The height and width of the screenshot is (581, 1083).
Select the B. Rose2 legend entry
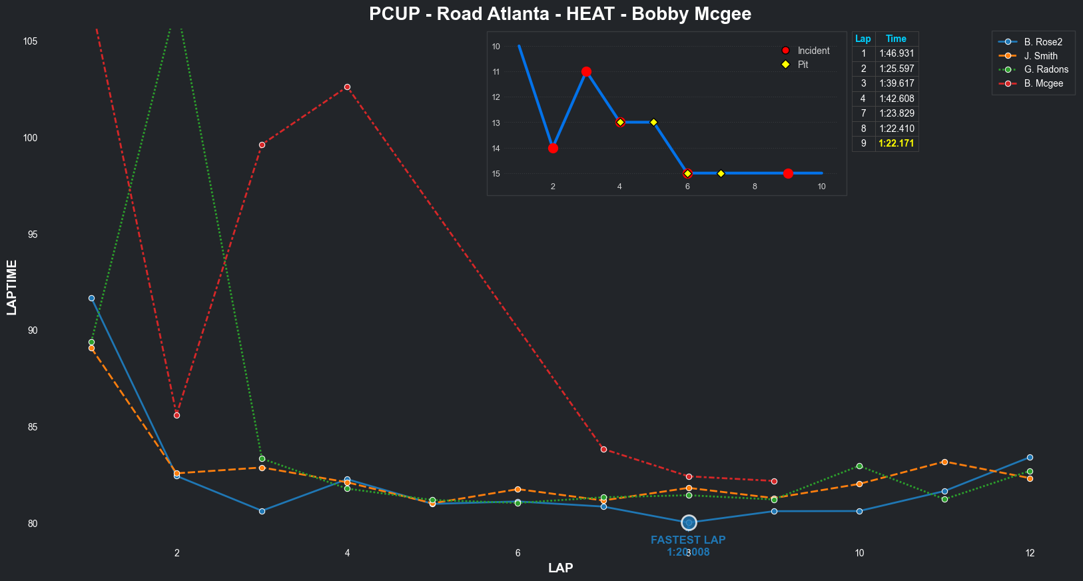point(1043,42)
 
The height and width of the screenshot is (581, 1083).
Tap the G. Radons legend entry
point(1046,69)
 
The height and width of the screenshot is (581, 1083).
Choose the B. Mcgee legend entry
point(1043,83)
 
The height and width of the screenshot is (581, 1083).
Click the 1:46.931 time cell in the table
point(897,54)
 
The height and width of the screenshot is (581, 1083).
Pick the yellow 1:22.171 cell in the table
point(897,143)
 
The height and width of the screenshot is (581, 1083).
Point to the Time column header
point(896,39)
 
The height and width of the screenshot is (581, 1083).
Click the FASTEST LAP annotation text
point(688,540)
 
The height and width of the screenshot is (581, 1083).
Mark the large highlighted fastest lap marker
point(689,522)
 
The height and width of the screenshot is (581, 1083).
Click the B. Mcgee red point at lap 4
point(347,87)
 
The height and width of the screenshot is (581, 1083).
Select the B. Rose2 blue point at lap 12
point(1030,457)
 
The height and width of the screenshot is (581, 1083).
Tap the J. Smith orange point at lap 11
point(944,462)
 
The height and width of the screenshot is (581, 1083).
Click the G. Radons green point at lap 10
point(859,466)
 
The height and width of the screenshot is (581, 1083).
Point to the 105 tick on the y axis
point(30,41)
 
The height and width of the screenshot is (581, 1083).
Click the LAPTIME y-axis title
point(11,287)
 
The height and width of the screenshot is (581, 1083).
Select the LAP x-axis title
point(560,568)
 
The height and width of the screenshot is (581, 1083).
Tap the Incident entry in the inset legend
point(813,51)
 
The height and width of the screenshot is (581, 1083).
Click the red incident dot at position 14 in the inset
point(553,148)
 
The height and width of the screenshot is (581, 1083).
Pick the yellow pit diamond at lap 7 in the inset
point(721,173)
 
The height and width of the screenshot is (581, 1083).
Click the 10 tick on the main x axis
point(859,553)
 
